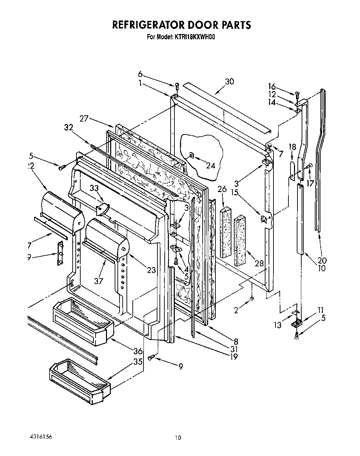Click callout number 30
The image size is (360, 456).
pyautogui.click(x=229, y=82)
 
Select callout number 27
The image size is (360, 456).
pyautogui.click(x=84, y=119)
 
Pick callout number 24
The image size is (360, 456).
pyautogui.click(x=210, y=166)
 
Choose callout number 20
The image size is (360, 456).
pyautogui.click(x=322, y=260)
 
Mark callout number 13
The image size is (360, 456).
pyautogui.click(x=278, y=325)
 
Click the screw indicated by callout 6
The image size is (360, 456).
pyautogui.click(x=177, y=85)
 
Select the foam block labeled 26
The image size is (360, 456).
pyautogui.click(x=226, y=233)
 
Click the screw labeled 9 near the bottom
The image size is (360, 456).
pyautogui.click(x=151, y=357)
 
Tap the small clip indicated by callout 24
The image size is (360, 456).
pyautogui.click(x=191, y=155)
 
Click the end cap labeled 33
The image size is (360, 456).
pyautogui.click(x=102, y=209)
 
